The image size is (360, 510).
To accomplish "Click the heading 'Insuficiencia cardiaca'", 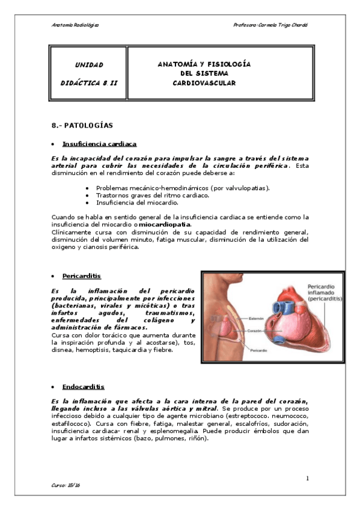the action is pos(100,144).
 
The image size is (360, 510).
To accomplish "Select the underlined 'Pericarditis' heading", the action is pos(81,276).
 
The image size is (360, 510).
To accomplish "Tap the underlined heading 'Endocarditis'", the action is pos(83,387).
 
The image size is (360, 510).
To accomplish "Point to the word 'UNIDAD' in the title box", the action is pos(89,64).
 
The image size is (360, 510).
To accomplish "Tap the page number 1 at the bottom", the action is pos(307,479).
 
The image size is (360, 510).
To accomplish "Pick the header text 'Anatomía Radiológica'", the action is pos(75,25).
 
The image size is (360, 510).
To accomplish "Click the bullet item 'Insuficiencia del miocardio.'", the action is pos(138,203).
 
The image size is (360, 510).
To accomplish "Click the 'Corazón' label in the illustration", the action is pos(255,331).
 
